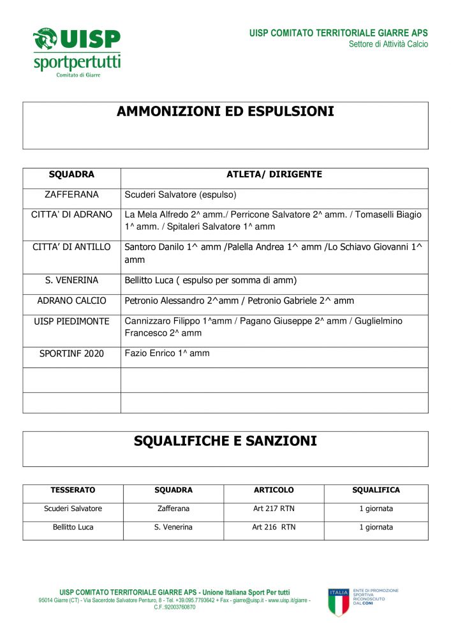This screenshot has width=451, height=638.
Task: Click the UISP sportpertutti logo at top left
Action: click(77, 51)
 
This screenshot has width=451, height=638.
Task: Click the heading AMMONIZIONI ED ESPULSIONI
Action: click(225, 112)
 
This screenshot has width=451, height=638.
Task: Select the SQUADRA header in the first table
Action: click(71, 175)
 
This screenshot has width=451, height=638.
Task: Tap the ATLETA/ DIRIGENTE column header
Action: click(274, 175)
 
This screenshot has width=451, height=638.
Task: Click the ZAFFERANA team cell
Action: click(71, 195)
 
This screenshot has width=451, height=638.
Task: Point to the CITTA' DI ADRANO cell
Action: click(71, 215)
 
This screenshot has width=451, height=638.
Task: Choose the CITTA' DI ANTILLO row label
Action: click(71, 247)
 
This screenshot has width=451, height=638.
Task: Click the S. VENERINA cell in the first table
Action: click(71, 281)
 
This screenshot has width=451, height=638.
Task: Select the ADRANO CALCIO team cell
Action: click(71, 301)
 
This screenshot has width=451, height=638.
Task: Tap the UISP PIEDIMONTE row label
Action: click(71, 322)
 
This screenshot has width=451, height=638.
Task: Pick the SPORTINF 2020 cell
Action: click(71, 353)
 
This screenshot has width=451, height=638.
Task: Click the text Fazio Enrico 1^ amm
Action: click(167, 353)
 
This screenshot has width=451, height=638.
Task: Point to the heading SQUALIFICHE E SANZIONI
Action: click(225, 441)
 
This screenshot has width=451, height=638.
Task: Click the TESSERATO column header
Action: click(73, 491)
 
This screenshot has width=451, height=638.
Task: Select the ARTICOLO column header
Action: click(274, 491)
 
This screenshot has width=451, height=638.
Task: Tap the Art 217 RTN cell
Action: click(274, 509)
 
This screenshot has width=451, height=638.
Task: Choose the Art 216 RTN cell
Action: click(274, 528)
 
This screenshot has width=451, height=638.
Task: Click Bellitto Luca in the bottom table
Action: click(73, 528)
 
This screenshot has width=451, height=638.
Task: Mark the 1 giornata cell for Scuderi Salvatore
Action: click(376, 509)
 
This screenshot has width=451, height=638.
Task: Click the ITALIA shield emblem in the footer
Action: click(339, 602)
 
